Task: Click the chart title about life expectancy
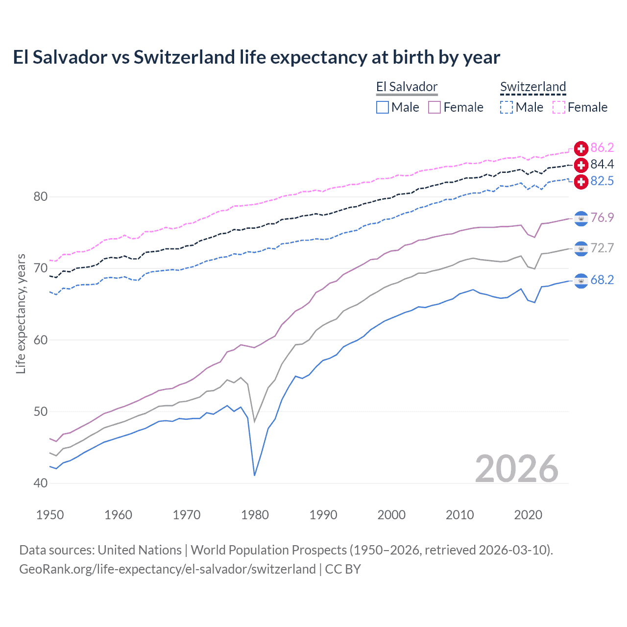(x=256, y=57)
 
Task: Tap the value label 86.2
(x=602, y=148)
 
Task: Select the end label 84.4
(x=602, y=165)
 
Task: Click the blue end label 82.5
(x=602, y=181)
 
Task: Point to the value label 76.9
(x=602, y=218)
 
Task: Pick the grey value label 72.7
(x=602, y=248)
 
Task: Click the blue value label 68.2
(x=602, y=280)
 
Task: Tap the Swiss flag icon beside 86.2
(x=581, y=148)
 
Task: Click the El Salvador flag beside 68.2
(x=581, y=281)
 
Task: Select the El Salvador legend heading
(x=407, y=87)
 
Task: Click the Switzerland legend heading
(x=533, y=87)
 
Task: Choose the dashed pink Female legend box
(x=559, y=107)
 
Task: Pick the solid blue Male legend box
(x=383, y=107)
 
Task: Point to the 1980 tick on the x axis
(x=255, y=515)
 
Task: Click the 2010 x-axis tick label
(x=459, y=515)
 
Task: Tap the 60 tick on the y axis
(x=41, y=340)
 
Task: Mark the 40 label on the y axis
(x=41, y=483)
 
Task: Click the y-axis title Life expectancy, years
(x=21, y=313)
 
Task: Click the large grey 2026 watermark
(x=516, y=469)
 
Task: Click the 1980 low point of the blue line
(x=255, y=475)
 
